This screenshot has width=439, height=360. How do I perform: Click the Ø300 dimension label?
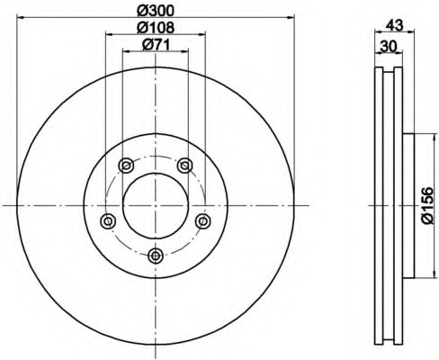pos(156,11)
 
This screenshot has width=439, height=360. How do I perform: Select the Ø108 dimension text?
pos(156,28)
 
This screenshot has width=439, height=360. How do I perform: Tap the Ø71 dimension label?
pos(156,45)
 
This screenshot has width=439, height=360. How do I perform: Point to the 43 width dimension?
pos(394,25)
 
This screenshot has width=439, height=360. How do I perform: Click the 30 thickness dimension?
pos(389,47)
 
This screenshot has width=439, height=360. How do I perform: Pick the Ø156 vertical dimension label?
pos(427,205)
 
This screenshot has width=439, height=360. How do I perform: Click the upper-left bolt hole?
pos(126,166)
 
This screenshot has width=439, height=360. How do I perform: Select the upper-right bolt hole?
pos(184,166)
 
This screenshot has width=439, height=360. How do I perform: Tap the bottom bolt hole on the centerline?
pos(156,256)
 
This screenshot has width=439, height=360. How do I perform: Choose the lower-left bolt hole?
pos(108,221)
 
